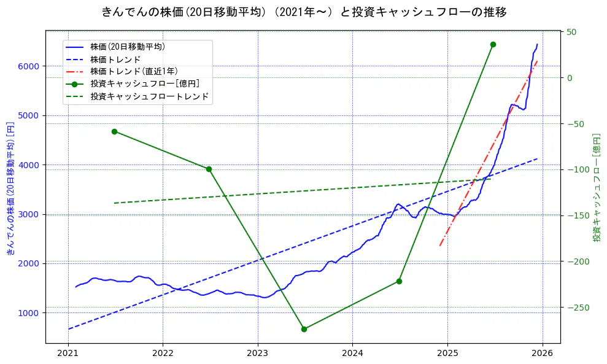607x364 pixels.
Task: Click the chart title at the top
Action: (304, 12)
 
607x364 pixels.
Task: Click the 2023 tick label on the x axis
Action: (257, 354)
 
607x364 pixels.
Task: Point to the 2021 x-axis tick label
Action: (68, 354)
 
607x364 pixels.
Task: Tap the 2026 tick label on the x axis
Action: (542, 354)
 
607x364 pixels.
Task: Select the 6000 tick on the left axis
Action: (30, 66)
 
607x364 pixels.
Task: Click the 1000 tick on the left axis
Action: (30, 313)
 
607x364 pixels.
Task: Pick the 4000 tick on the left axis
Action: (30, 165)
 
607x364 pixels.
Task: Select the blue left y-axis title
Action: (10, 188)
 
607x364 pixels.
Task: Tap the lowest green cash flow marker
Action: (304, 329)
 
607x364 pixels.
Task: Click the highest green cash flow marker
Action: (493, 44)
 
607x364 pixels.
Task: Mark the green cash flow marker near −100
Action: (209, 169)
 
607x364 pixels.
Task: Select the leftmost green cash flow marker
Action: (114, 131)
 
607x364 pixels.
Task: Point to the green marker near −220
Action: (399, 281)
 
